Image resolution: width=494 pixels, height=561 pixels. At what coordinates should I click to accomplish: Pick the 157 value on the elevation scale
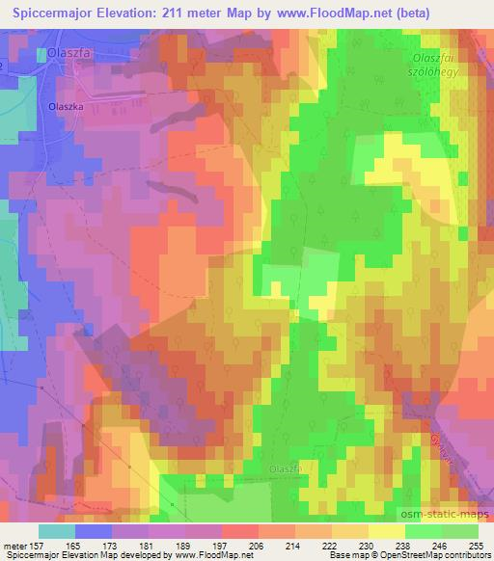click(39, 545)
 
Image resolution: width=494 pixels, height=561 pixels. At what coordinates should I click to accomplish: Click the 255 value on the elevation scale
click(477, 545)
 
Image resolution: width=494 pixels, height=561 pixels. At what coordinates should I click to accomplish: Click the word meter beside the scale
click(14, 545)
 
